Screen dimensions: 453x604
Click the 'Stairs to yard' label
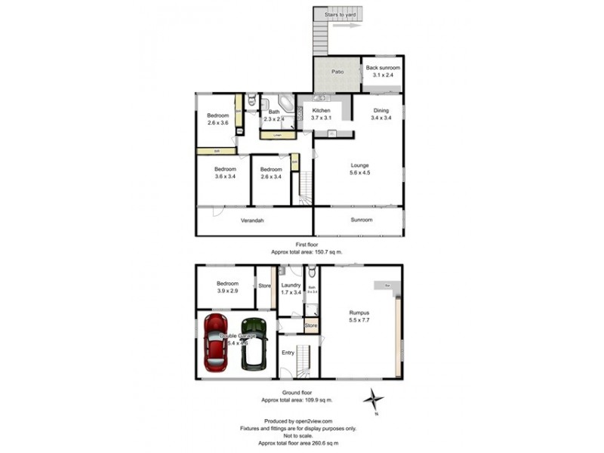point(337,14)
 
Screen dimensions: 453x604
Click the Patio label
point(337,72)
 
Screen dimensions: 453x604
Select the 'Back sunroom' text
point(382,69)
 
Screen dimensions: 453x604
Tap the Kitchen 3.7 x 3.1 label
point(322,114)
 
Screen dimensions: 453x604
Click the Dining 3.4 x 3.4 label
point(381,114)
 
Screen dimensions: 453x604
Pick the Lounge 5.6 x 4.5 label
point(359,168)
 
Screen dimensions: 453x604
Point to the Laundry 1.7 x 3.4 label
point(291,288)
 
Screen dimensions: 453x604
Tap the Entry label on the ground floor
point(288,353)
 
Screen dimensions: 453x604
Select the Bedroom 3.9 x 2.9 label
point(227,286)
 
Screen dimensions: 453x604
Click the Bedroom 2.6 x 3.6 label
point(218,119)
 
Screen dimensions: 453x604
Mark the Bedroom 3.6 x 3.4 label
point(225,172)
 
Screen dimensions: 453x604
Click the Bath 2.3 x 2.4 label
point(273,116)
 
